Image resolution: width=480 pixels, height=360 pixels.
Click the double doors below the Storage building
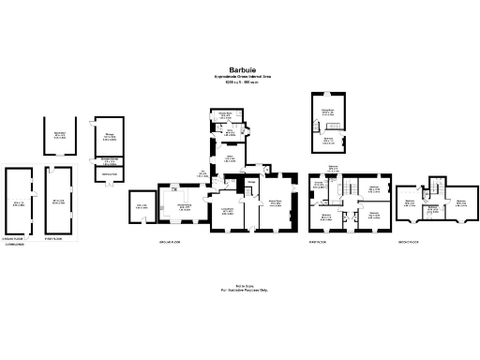tap(109, 174)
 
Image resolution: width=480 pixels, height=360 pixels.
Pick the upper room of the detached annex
tap(328, 113)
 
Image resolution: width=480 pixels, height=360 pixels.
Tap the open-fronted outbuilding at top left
tap(58, 136)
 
